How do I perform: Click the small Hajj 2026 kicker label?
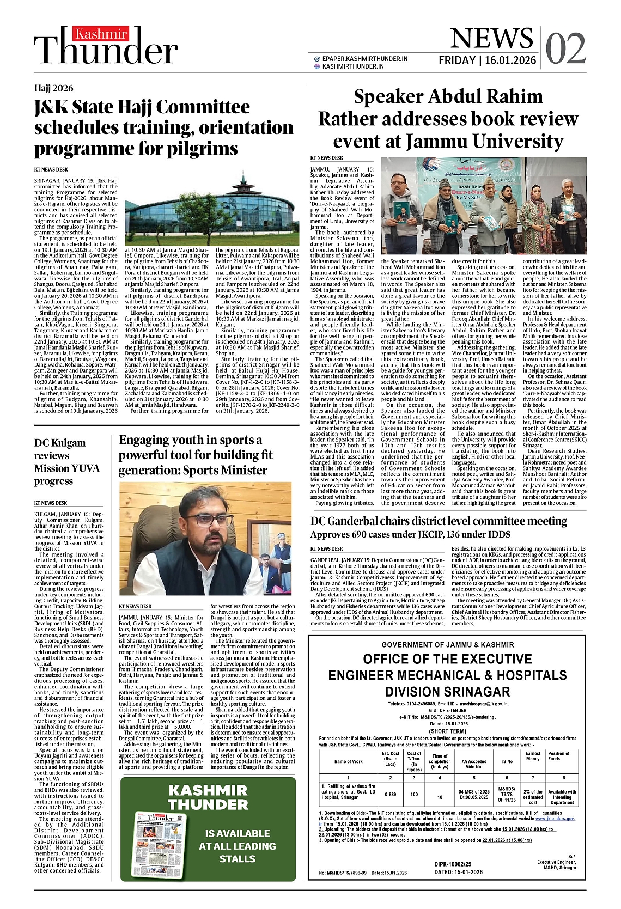point(53,88)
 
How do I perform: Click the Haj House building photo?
point(212,210)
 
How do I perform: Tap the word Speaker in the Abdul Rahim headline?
point(388,97)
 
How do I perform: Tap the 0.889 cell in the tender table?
point(390,794)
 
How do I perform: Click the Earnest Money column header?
point(533,756)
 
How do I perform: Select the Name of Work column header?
point(348,761)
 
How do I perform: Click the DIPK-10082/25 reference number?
point(453,864)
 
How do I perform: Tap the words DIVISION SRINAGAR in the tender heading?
point(447,692)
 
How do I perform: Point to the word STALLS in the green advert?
point(237,859)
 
